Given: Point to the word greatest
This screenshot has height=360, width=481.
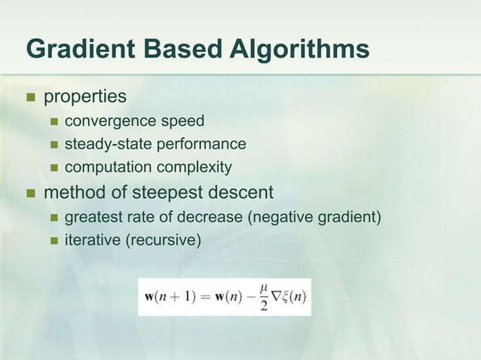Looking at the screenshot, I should click(93, 218).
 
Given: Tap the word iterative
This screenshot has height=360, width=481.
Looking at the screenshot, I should click(89, 241).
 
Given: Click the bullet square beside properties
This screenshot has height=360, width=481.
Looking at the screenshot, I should click(31, 98).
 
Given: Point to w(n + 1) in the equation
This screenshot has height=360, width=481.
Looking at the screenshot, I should click(170, 294).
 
